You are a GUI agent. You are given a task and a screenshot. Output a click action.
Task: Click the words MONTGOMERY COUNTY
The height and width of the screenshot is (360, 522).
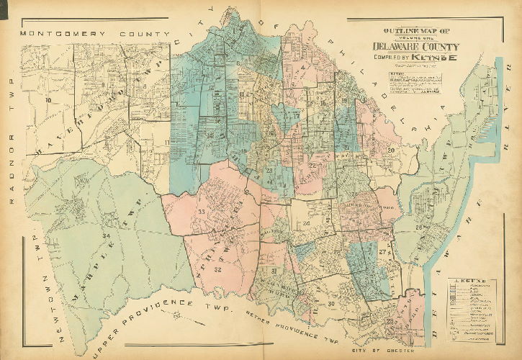94,34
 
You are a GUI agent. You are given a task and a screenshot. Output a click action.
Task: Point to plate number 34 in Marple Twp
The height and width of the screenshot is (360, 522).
106,235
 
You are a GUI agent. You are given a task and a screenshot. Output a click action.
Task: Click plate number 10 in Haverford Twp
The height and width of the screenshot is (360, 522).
49,100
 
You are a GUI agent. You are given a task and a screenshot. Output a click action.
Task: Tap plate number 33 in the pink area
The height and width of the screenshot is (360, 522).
202,212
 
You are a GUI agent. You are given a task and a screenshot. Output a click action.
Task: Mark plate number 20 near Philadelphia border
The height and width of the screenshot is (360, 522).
392,150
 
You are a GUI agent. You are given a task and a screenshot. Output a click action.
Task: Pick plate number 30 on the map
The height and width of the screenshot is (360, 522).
330,303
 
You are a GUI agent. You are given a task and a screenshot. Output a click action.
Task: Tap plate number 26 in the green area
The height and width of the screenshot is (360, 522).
418,228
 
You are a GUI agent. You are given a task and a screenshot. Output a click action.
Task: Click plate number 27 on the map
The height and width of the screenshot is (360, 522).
382,253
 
